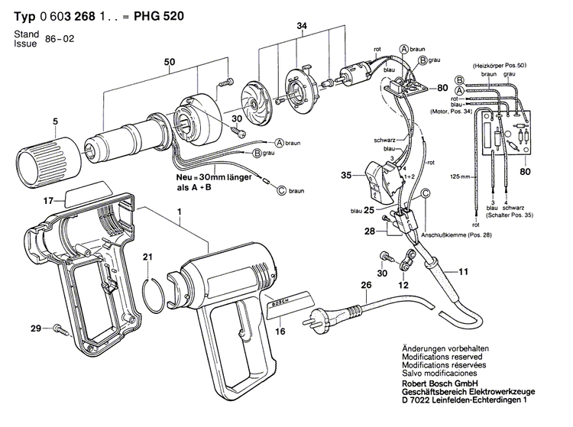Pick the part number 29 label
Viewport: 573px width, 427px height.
[x=35, y=328]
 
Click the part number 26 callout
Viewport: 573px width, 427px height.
[x=366, y=286]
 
